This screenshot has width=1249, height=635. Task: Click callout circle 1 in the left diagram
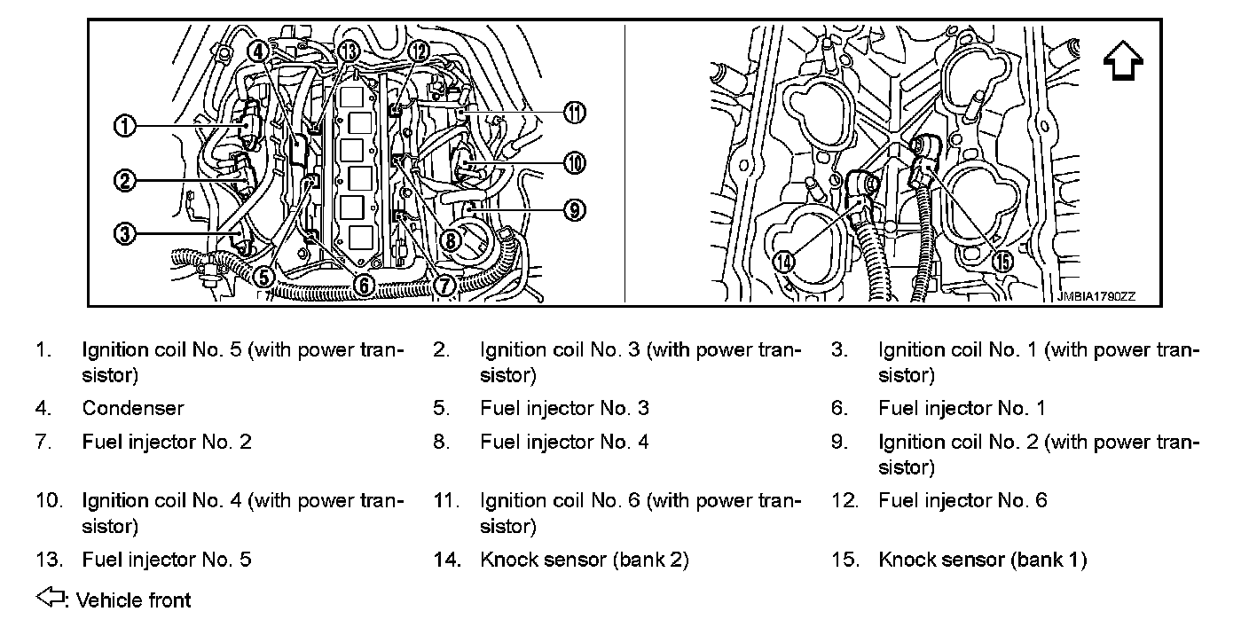point(125,127)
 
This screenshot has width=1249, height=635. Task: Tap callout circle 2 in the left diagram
point(125,181)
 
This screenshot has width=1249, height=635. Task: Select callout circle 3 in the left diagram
point(125,234)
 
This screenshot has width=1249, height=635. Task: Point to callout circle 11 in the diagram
point(575,113)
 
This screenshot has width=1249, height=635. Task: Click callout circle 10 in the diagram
point(575,163)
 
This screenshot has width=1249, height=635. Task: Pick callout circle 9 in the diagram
point(575,210)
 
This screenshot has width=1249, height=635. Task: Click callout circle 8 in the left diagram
point(451,239)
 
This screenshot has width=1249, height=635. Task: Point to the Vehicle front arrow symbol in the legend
point(51,599)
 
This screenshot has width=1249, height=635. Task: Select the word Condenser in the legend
point(133,408)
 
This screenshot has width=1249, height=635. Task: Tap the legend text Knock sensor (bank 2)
point(584,560)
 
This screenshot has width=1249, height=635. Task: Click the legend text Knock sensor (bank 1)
point(982,560)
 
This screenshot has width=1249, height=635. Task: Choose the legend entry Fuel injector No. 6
point(962,500)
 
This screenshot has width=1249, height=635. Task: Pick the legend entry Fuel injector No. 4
point(564,442)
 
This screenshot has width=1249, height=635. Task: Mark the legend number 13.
point(49,560)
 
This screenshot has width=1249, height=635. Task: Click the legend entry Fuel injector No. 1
point(962,408)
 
